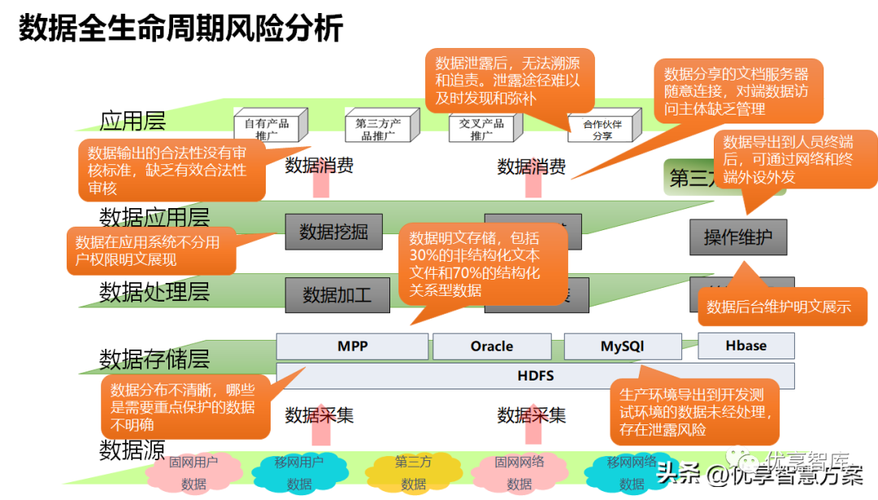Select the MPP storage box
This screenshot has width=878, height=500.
[x=352, y=346]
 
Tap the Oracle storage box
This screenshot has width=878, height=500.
[x=492, y=346]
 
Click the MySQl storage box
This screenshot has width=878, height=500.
[x=623, y=346]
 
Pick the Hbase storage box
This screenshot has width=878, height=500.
[x=745, y=346]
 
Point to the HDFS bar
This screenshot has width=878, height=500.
[x=535, y=376]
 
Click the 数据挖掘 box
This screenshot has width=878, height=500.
[x=333, y=232]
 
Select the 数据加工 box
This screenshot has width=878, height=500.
[x=337, y=294]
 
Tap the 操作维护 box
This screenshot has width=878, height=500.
[x=737, y=237]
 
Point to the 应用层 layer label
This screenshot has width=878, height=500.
[x=133, y=121]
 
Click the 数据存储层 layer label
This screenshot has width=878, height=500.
[x=154, y=359]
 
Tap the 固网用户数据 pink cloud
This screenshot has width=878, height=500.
[x=193, y=472]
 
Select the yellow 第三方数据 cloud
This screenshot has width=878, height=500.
[x=413, y=472]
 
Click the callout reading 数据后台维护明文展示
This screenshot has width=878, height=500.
[x=778, y=307]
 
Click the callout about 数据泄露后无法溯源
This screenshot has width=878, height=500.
[x=507, y=80]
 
